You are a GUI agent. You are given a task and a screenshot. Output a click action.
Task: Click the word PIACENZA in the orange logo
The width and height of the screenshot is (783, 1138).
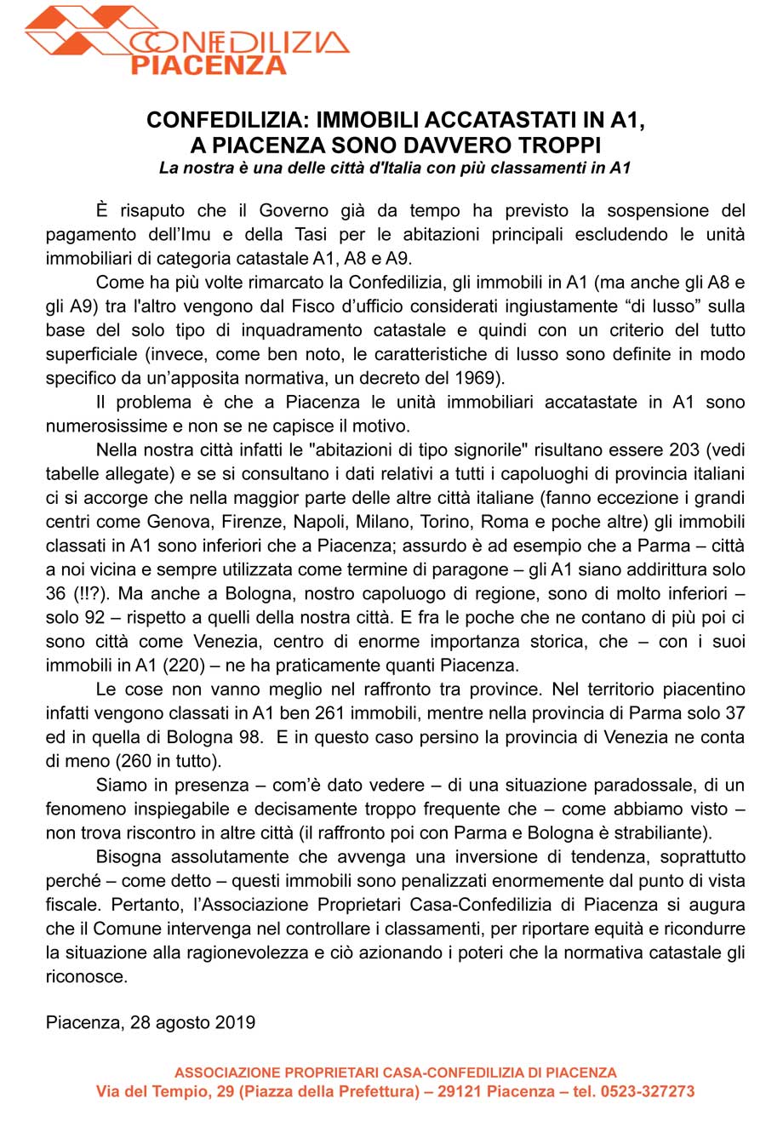coord(209,65)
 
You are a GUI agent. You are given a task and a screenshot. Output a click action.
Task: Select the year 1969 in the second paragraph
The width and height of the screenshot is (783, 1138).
coord(473,378)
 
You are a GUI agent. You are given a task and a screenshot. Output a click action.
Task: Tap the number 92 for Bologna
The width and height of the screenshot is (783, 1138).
coord(94,617)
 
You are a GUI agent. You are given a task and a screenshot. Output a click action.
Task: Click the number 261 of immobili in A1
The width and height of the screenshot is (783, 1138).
coord(331,713)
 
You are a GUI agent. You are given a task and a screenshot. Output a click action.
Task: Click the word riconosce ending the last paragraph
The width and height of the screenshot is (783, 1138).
coord(86,976)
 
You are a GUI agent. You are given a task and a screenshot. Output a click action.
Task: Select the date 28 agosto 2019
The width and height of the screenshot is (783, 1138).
coord(192,1022)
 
